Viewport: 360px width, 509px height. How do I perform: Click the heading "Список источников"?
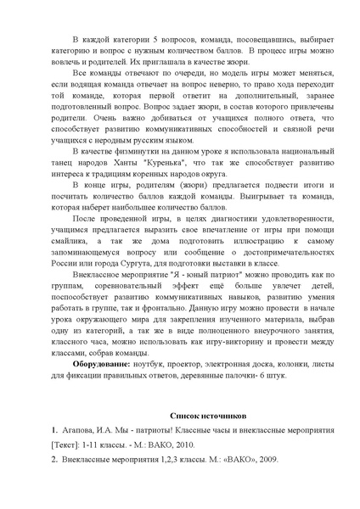click(207, 417)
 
